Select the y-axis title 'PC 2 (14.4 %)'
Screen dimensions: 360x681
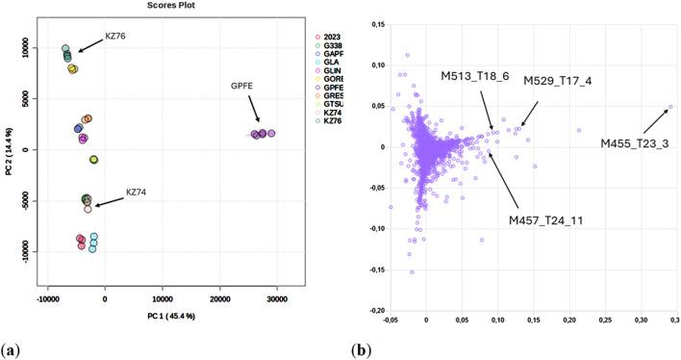(x=9, y=149)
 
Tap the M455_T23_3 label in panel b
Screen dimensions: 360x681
(x=634, y=143)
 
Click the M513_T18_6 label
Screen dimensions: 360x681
(x=474, y=76)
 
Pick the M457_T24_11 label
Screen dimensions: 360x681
(x=545, y=220)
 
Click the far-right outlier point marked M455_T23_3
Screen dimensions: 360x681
(x=669, y=108)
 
